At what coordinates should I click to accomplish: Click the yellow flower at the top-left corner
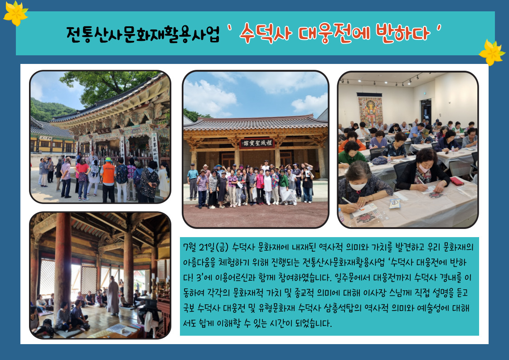(15, 13)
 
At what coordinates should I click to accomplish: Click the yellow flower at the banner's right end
(492, 52)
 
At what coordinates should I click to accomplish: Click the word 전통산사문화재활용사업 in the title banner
(143, 34)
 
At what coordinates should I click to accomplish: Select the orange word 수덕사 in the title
(265, 33)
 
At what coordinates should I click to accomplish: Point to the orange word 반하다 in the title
(403, 33)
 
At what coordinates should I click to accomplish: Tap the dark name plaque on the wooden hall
(257, 143)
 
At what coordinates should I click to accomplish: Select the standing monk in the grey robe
(113, 296)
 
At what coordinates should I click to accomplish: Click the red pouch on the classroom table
(457, 181)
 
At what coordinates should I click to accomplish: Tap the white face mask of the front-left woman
(358, 186)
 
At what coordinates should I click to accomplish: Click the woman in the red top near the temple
(82, 179)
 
